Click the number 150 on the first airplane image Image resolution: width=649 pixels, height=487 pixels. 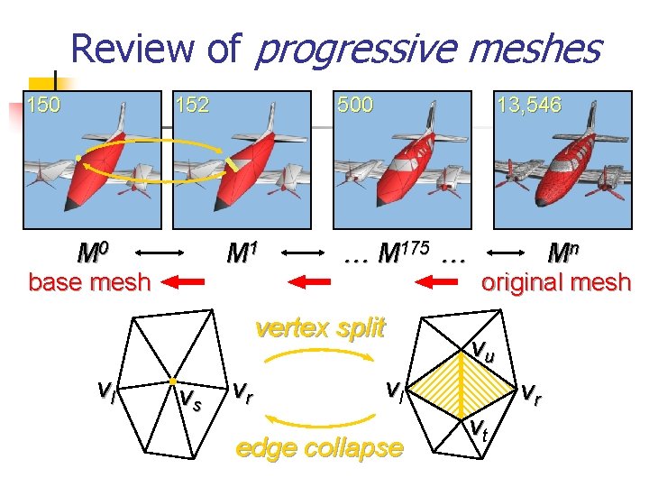(x=44, y=105)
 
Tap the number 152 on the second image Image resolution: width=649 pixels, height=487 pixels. (x=192, y=105)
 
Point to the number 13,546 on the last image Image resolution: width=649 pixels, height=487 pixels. (x=529, y=105)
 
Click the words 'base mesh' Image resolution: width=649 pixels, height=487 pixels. (x=89, y=282)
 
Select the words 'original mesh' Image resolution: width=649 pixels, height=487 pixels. (x=555, y=282)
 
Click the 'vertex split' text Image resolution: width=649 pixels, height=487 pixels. (x=320, y=326)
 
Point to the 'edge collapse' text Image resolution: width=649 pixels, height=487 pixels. (x=319, y=448)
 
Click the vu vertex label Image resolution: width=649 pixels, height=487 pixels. (x=483, y=352)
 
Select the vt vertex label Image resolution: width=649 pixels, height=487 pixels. (x=480, y=430)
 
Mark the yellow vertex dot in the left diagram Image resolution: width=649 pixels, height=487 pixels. (x=171, y=381)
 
